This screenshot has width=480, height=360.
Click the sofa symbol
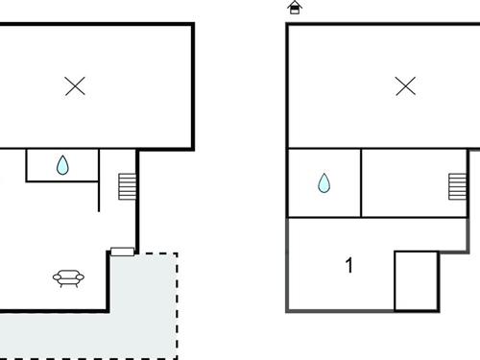pos(68,278)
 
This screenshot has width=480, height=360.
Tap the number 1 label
pos(348,265)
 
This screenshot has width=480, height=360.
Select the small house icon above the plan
pos(295,8)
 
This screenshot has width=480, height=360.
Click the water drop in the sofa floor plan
pos(62,165)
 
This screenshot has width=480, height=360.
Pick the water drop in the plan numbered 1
pos(324,182)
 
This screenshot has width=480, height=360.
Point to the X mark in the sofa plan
pos(75,86)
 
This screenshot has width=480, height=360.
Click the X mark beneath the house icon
pos(405,86)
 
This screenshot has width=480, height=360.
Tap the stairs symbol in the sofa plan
pos(127,186)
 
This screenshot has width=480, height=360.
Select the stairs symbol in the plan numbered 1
pos(456,185)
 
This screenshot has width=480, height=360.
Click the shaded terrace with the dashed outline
pos(144,307)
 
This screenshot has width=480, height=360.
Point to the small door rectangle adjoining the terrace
pos(122,252)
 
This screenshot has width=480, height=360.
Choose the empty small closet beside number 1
pos(416,280)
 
